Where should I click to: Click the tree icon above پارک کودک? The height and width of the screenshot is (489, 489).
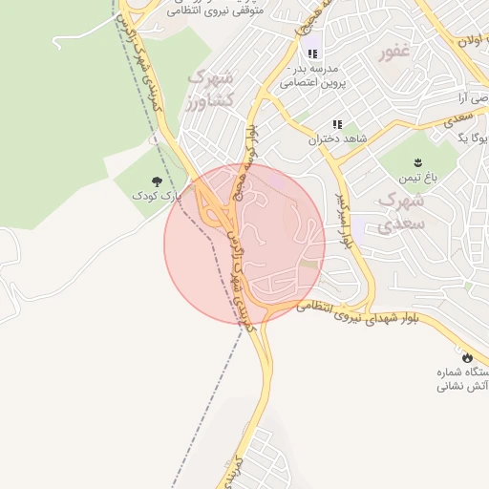pyautogui.click(x=156, y=181)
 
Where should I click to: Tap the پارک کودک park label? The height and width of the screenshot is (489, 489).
pyautogui.click(x=157, y=195)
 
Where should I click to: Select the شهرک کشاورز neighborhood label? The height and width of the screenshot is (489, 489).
pyautogui.click(x=209, y=87)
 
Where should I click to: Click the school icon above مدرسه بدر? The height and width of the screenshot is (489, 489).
pyautogui.click(x=312, y=54)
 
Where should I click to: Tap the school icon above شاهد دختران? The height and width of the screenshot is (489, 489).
pyautogui.click(x=337, y=124)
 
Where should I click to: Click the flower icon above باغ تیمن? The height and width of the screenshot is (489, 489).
pyautogui.click(x=418, y=161)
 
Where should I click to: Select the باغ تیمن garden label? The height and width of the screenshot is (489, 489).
pyautogui.click(x=418, y=178)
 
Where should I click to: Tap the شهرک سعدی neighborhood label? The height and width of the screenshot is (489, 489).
pyautogui.click(x=398, y=213)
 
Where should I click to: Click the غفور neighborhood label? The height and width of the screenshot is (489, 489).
pyautogui.click(x=393, y=52)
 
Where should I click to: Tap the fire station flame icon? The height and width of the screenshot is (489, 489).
pyautogui.click(x=466, y=355)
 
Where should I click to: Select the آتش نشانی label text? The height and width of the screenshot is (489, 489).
pyautogui.click(x=463, y=386)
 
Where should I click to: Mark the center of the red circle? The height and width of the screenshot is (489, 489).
pyautogui.click(x=244, y=244)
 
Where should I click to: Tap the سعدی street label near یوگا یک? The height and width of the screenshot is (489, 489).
pyautogui.click(x=466, y=114)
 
